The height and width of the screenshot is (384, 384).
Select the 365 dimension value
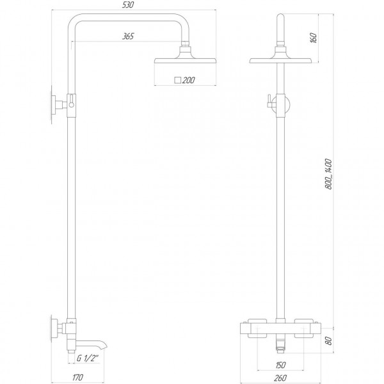click(127, 36)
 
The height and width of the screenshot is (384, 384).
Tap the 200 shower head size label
click(189, 81)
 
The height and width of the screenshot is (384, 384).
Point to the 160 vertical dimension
click(312, 38)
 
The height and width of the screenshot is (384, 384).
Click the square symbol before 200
click(177, 81)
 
